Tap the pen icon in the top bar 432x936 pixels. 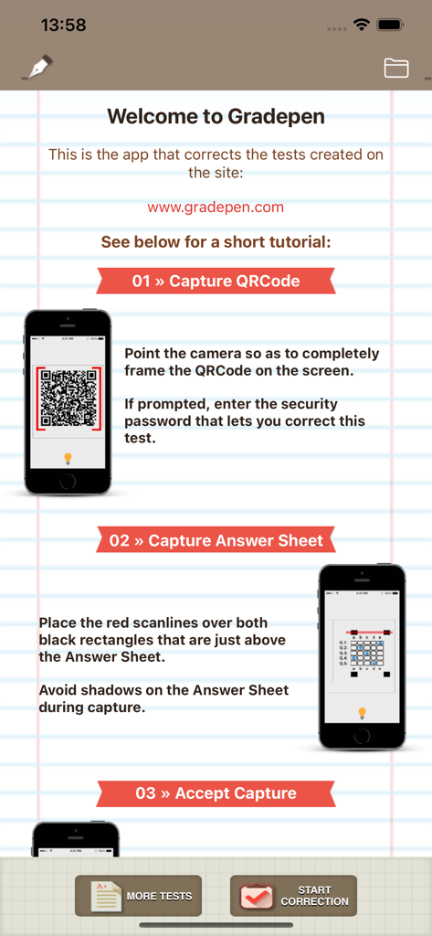coord(37,68)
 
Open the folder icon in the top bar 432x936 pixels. coord(396,68)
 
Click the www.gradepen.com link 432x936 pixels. coord(216,207)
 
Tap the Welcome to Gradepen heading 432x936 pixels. coord(216,116)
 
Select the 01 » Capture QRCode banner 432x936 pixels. coord(216,281)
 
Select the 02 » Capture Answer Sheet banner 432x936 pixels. coord(216,540)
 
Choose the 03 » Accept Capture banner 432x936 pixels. coord(216,792)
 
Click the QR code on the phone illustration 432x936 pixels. coord(68,399)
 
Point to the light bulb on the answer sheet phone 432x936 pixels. coord(362,712)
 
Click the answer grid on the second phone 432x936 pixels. coord(362,651)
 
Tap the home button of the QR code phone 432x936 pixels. coord(68,481)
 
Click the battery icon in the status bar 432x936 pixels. coord(391,25)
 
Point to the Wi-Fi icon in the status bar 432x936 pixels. coord(362,25)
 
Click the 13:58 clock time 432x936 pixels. coord(64,26)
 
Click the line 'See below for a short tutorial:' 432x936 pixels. coord(216,242)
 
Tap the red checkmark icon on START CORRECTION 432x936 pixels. coord(258,896)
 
